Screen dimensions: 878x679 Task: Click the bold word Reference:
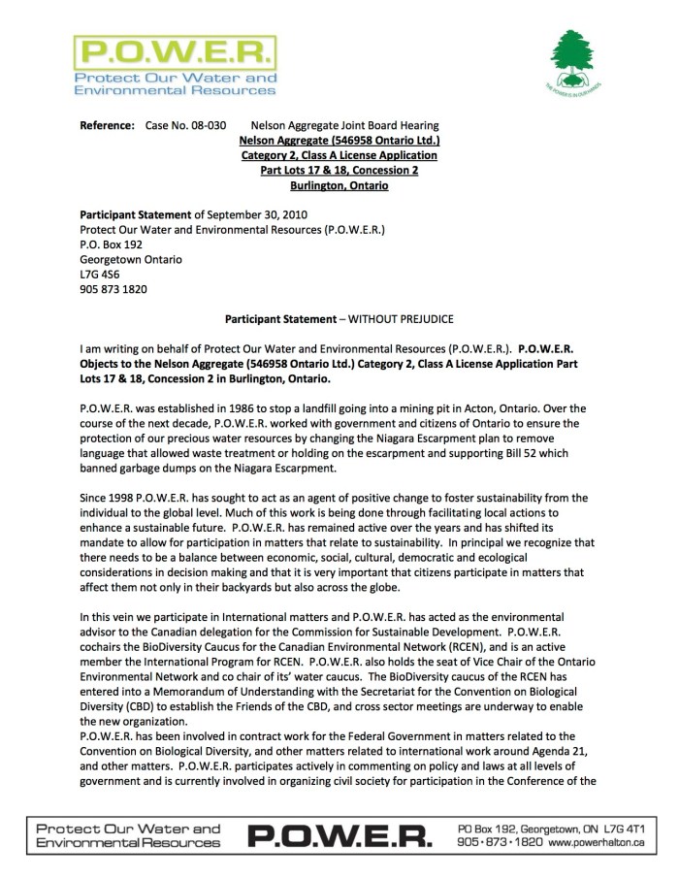107,125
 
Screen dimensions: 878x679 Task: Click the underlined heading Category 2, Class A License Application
339,155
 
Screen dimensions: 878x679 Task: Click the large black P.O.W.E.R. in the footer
339,835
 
